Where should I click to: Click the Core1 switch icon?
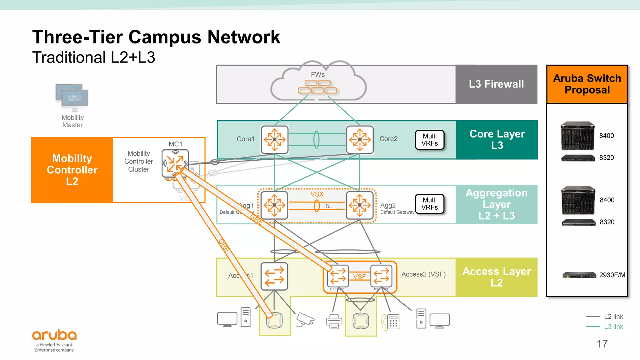[274, 139]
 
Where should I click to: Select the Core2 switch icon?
[360, 139]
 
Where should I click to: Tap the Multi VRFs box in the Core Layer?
[429, 140]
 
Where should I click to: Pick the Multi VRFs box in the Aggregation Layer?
[429, 204]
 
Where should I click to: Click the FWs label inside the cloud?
[317, 74]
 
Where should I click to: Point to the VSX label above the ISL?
[317, 194]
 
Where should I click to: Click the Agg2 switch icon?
[360, 205]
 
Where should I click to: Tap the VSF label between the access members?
[359, 277]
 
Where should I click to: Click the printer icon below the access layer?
[334, 322]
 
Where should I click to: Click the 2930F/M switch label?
[612, 275]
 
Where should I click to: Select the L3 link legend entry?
[613, 327]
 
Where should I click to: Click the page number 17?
[602, 344]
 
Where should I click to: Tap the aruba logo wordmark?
[54, 335]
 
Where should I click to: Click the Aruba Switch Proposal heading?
[587, 84]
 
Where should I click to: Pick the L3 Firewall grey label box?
[496, 84]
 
